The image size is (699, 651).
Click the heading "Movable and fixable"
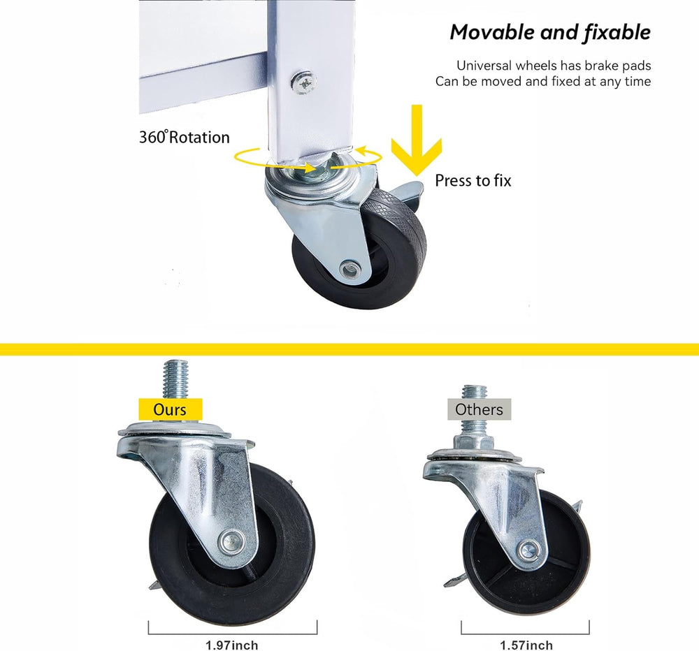click(550, 33)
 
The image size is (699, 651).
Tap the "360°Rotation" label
click(185, 137)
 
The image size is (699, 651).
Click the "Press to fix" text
click(473, 180)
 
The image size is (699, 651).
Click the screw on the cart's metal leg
click(304, 82)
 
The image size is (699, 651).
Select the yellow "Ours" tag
click(170, 409)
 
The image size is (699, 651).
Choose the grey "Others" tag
click(480, 409)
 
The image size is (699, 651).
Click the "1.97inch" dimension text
click(232, 645)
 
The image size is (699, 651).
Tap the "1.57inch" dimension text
click(526, 645)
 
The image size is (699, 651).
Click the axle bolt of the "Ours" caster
click(232, 541)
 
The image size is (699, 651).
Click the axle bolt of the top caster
click(350, 269)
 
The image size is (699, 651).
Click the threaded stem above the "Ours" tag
click(175, 379)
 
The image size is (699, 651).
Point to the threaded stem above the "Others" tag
click(473, 392)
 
